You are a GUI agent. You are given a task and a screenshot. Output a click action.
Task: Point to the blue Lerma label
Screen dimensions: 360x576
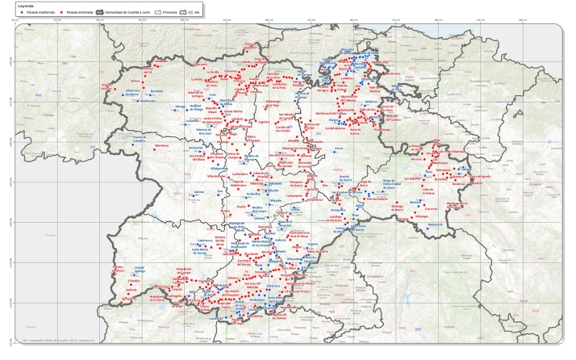339,149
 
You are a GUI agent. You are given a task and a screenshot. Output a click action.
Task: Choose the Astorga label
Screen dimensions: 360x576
179,107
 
